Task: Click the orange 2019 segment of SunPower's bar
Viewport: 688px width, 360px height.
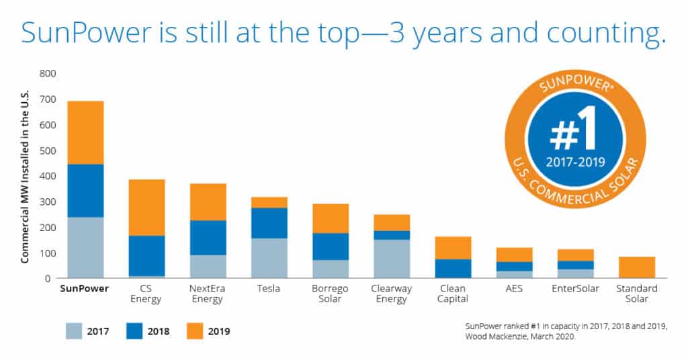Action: click(x=85, y=132)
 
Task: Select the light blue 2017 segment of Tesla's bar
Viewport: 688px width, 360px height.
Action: click(x=269, y=258)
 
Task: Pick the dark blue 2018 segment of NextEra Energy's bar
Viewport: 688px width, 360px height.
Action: click(x=208, y=237)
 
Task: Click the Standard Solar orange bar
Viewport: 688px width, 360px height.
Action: click(x=636, y=267)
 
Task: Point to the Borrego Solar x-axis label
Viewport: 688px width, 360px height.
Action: click(x=331, y=294)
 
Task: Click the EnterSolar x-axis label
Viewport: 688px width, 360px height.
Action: click(x=574, y=289)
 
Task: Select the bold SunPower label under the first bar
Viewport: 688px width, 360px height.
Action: click(x=85, y=289)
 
